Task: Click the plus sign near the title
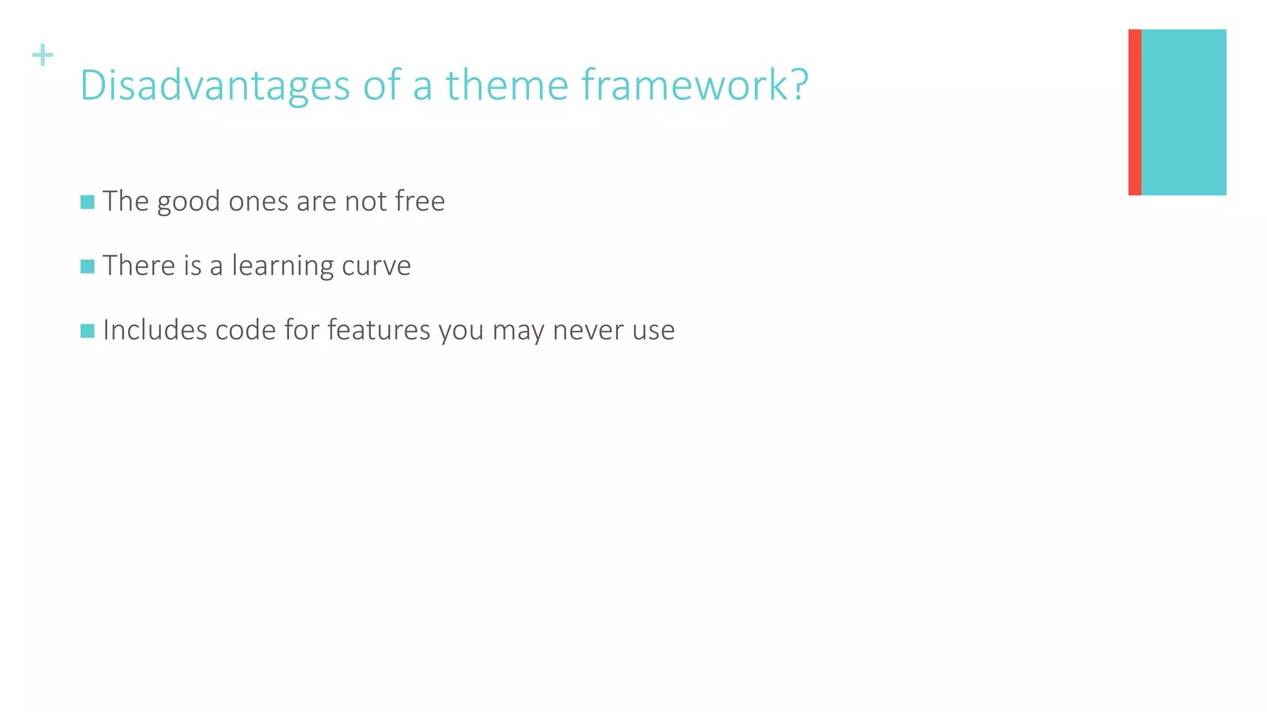43,55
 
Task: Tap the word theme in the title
507,85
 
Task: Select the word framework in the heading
684,85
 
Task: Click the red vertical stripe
1134,112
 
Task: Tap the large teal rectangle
1183,112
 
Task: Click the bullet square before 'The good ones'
87,202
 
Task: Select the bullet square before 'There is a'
87,266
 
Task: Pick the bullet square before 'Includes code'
87,331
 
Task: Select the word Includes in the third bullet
155,330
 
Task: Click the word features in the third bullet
378,330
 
